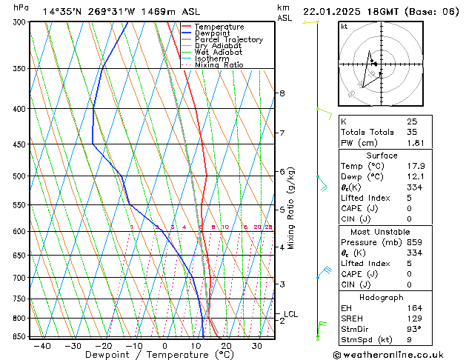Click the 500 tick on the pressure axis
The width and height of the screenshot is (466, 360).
(19, 176)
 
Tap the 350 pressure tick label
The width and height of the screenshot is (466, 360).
(19, 69)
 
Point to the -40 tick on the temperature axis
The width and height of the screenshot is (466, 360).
(42, 345)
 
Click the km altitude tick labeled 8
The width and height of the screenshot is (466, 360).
(282, 93)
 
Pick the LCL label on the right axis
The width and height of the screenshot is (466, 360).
(291, 314)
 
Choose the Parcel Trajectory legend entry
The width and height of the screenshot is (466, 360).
(228, 40)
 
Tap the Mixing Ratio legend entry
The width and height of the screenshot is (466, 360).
(219, 65)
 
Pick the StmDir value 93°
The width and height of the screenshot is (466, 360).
(414, 329)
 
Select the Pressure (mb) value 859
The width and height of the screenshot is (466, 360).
(413, 242)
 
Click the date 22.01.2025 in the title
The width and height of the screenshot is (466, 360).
(331, 12)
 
